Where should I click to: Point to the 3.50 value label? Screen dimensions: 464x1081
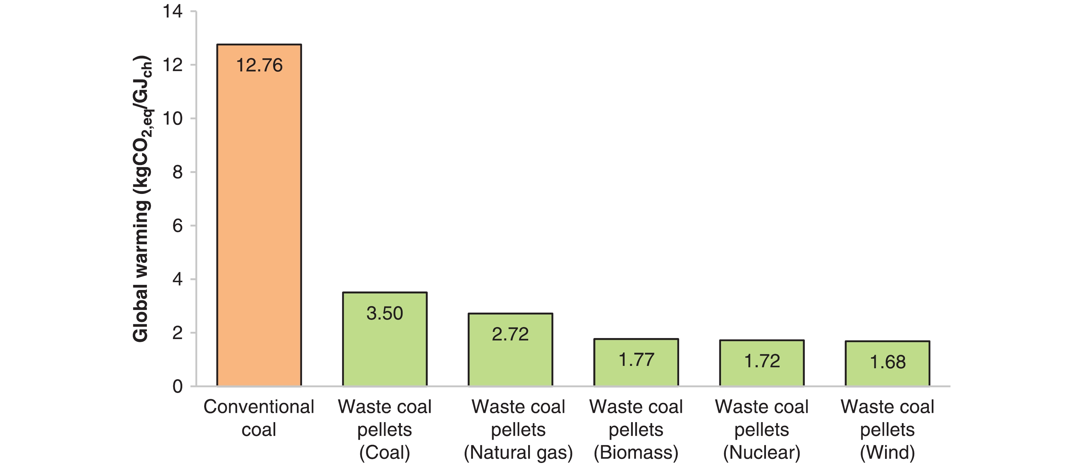(384, 313)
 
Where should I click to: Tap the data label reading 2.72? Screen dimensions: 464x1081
(510, 334)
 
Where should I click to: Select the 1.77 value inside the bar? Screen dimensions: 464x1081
(636, 360)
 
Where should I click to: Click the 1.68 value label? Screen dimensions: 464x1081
(887, 362)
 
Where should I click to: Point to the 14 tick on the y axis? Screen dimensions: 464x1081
(173, 11)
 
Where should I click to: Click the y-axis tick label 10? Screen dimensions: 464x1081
(173, 119)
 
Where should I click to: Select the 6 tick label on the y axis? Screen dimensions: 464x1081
(177, 226)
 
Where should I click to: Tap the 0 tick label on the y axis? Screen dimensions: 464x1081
(177, 387)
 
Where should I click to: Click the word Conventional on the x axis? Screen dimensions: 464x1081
(259, 407)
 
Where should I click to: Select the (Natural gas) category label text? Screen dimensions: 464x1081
(518, 453)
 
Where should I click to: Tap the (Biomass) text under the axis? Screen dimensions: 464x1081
(636, 453)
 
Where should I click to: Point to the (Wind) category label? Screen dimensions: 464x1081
(887, 453)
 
